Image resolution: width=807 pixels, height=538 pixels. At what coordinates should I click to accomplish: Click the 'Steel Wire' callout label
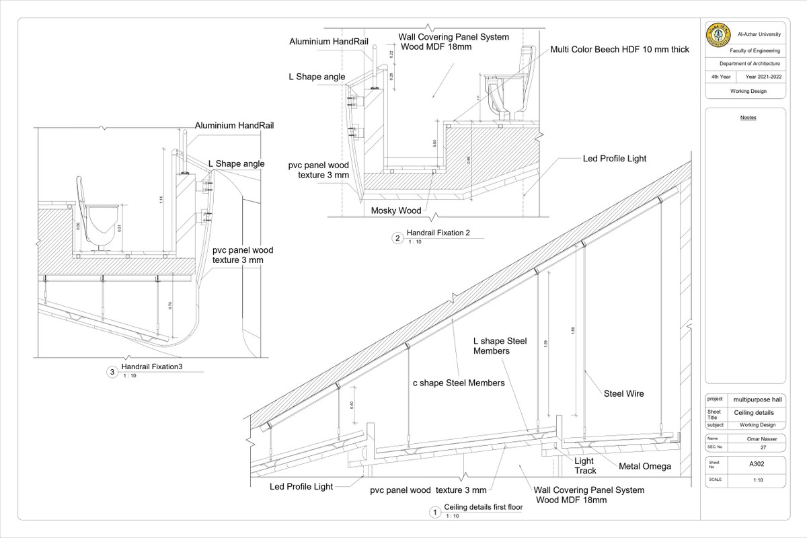(624, 393)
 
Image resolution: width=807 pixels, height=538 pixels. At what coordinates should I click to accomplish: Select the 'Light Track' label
(584, 466)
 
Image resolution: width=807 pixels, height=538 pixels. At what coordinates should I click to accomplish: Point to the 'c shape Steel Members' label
(458, 383)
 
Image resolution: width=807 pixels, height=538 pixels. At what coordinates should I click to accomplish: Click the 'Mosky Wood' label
(396, 210)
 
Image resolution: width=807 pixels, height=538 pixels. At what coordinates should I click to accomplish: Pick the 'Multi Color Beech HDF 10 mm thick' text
(619, 49)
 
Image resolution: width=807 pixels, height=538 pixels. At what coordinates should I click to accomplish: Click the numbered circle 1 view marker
(435, 513)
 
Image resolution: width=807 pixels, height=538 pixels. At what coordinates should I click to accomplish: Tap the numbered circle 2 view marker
(397, 238)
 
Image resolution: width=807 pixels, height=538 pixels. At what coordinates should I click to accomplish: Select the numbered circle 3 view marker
(112, 372)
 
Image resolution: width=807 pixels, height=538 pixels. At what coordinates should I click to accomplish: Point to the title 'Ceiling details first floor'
(484, 508)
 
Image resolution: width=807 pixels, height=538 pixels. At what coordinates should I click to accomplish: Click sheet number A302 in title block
(758, 463)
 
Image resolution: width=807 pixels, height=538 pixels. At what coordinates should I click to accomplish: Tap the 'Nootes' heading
(748, 117)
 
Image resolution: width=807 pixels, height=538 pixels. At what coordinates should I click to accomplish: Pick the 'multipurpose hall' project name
(758, 399)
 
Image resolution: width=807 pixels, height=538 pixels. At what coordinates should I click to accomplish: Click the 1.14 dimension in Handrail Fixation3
(162, 200)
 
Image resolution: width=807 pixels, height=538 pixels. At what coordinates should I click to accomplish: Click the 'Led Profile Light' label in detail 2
(614, 159)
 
